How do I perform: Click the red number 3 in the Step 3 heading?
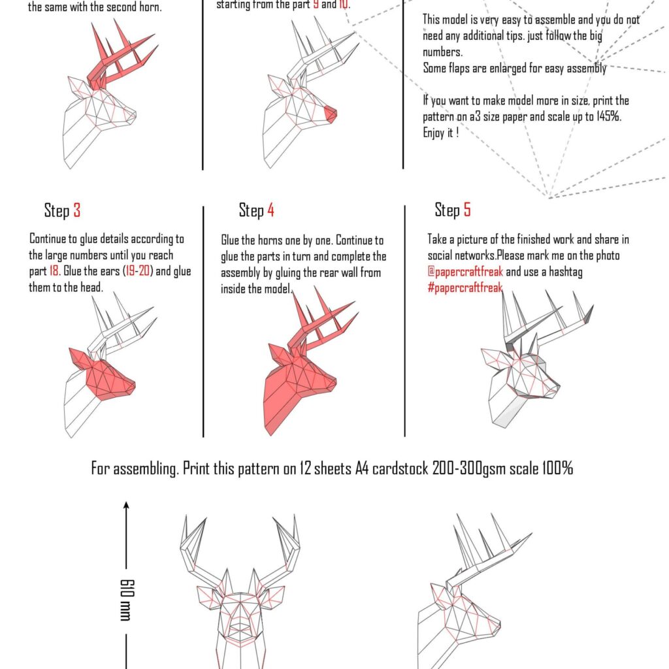tap(77, 210)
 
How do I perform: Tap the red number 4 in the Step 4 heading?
tap(270, 210)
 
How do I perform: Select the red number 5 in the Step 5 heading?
tap(467, 210)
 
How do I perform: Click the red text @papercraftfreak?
tap(465, 271)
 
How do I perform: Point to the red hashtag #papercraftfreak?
tap(465, 287)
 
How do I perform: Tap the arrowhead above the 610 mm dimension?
tap(126, 505)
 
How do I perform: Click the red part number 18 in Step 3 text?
tap(54, 271)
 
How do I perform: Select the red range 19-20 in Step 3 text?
tap(138, 271)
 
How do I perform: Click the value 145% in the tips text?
tap(608, 116)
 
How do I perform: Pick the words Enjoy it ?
tap(441, 133)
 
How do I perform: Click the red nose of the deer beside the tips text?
tap(330, 114)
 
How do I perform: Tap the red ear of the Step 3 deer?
tap(80, 359)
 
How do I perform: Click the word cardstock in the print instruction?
tap(400, 468)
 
